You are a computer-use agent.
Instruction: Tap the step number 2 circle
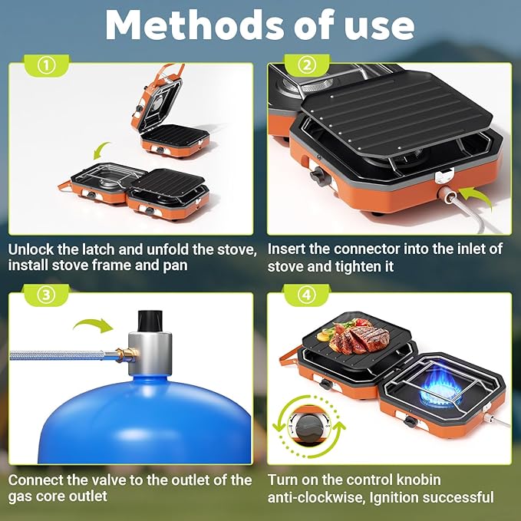point(307,65)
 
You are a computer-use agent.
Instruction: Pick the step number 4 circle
point(307,292)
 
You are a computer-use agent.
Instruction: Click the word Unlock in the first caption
point(32,249)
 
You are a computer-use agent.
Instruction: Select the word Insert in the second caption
point(287,249)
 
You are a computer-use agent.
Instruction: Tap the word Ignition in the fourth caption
point(407,497)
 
